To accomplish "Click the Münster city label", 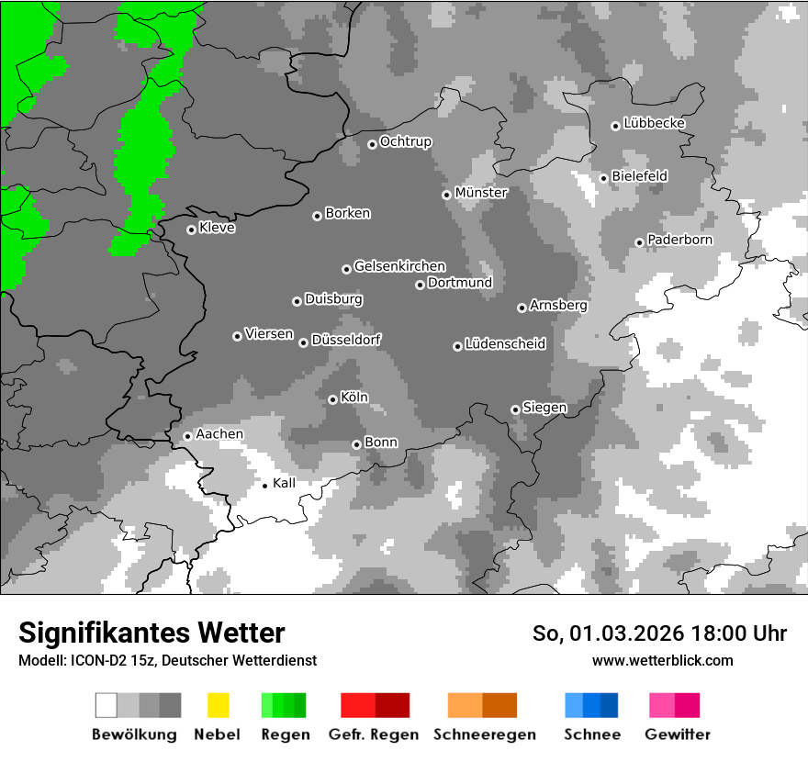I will [x=480, y=193].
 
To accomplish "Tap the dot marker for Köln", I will [x=332, y=399].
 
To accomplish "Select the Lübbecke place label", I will [x=654, y=123].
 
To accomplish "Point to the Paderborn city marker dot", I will [x=639, y=242].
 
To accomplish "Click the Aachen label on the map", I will [x=219, y=433].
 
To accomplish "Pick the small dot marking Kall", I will [x=265, y=485].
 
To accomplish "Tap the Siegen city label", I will [x=544, y=407].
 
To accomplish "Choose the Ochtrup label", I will [x=405, y=141].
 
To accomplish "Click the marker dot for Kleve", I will [x=191, y=230].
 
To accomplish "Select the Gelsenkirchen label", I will [x=399, y=266].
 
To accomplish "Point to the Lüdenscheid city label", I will [x=505, y=343].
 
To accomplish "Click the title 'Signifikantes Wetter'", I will [x=151, y=633].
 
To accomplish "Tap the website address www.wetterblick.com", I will [x=662, y=660].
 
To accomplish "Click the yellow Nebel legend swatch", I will [x=218, y=705].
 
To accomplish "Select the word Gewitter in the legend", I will [x=677, y=734].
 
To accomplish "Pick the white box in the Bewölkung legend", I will [x=107, y=705].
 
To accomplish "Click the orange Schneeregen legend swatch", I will [x=465, y=705].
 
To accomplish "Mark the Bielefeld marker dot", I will [x=603, y=178].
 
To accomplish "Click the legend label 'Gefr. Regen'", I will [x=374, y=734].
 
